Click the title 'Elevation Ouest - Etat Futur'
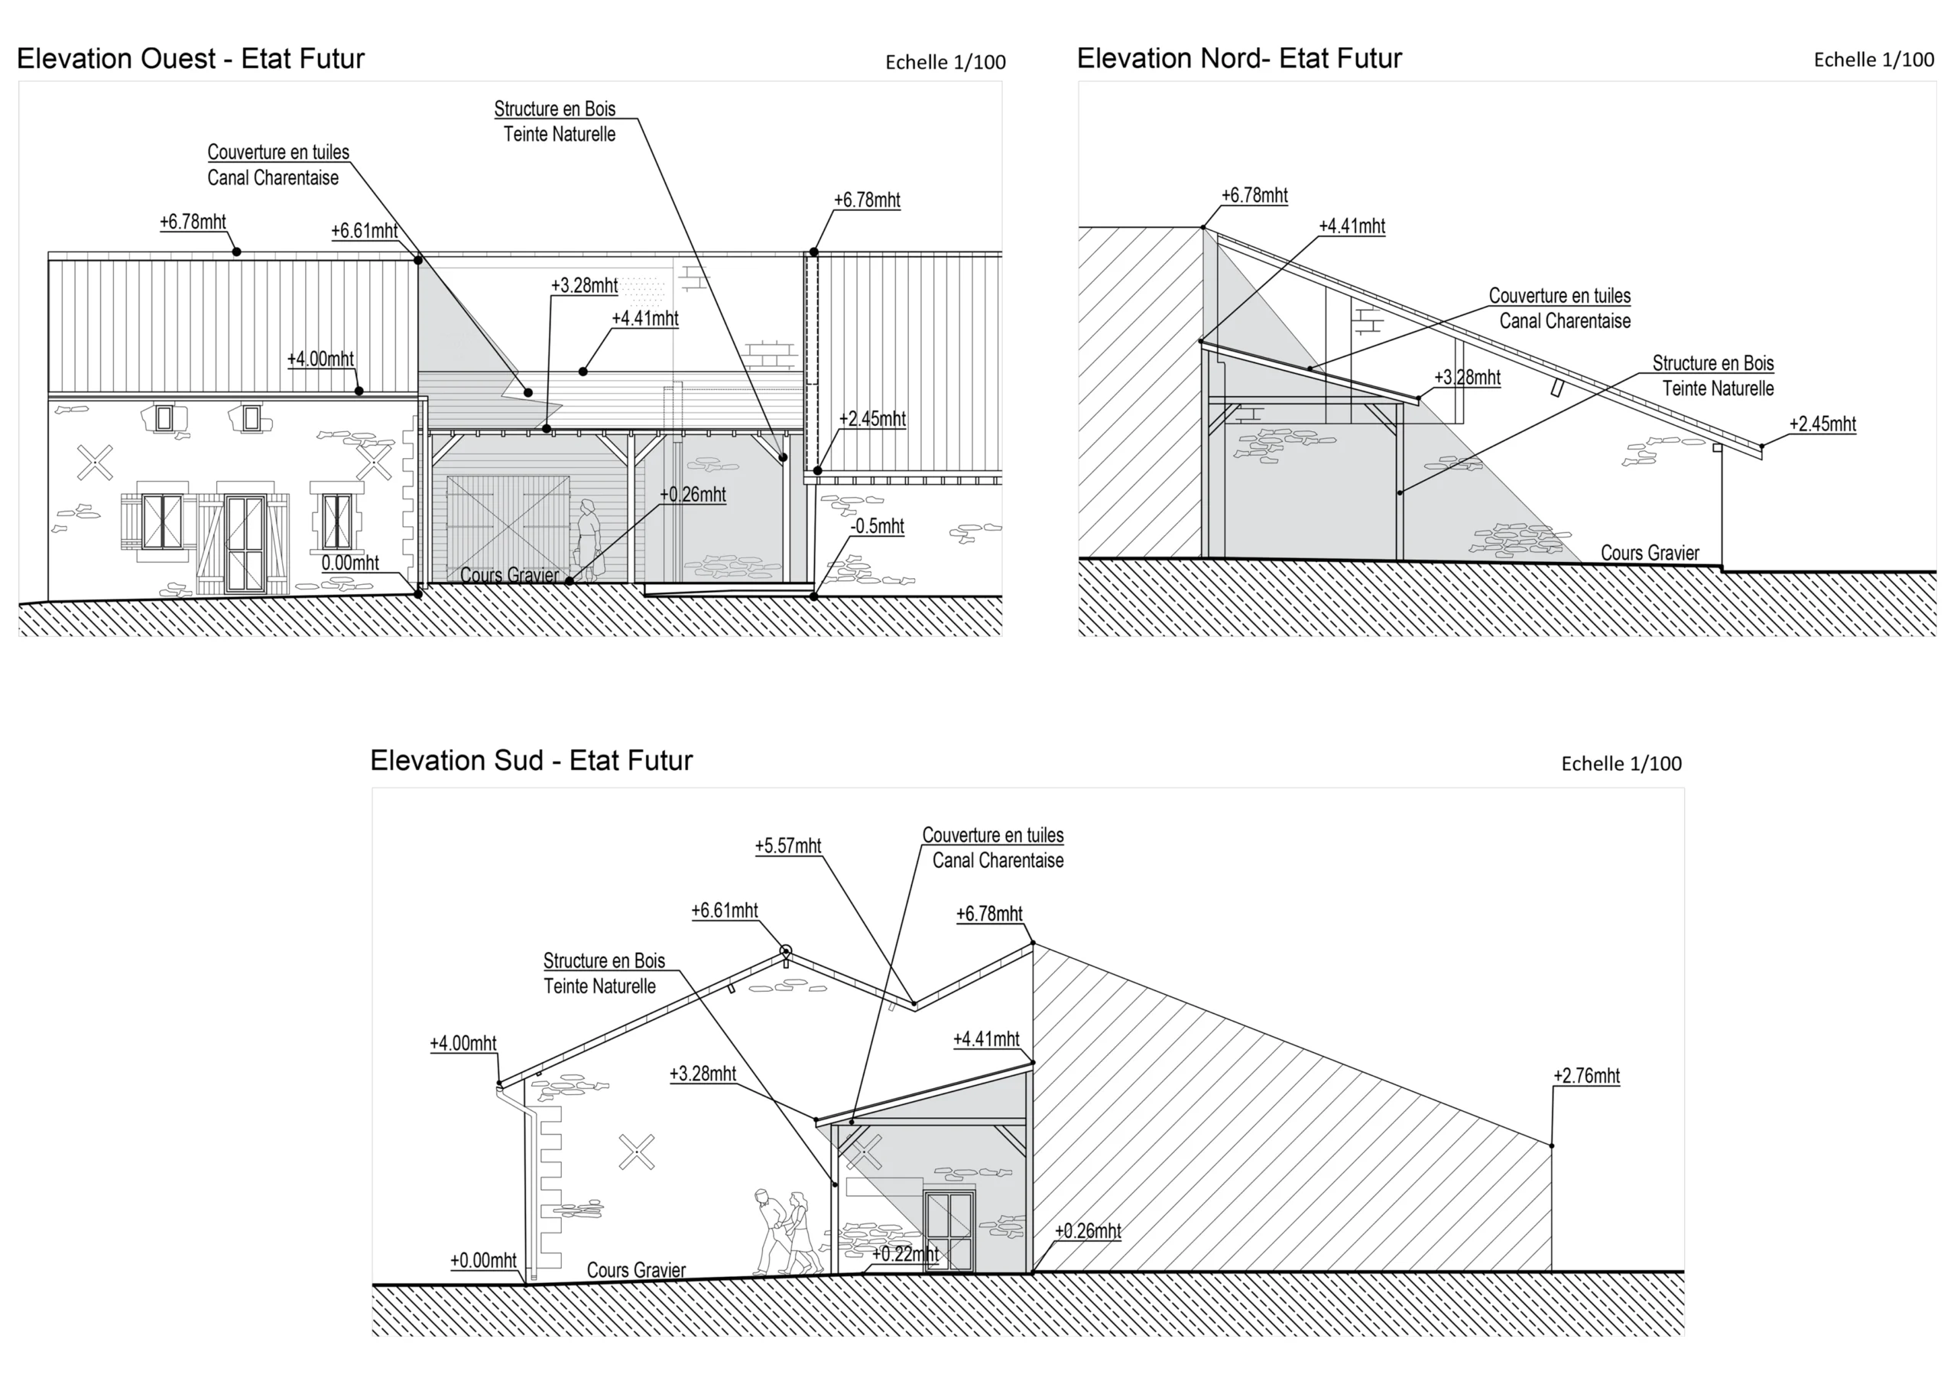click(190, 59)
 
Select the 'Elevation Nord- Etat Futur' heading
click(1238, 59)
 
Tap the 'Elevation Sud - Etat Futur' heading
click(531, 761)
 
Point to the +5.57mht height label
click(787, 846)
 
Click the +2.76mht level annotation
click(1585, 1076)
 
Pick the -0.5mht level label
click(876, 527)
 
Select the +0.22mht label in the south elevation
click(904, 1254)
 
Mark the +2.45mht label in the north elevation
click(1822, 424)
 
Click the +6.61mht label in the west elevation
click(364, 231)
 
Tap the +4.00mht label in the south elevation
click(462, 1044)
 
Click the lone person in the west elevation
click(588, 539)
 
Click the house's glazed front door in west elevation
click(245, 543)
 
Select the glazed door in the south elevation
click(949, 1230)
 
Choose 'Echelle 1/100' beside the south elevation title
click(1621, 764)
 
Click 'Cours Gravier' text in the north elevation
click(1649, 554)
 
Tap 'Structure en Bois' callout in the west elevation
click(555, 110)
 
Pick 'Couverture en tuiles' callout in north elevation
click(1559, 297)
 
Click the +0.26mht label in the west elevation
click(692, 495)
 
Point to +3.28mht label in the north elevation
click(1467, 378)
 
